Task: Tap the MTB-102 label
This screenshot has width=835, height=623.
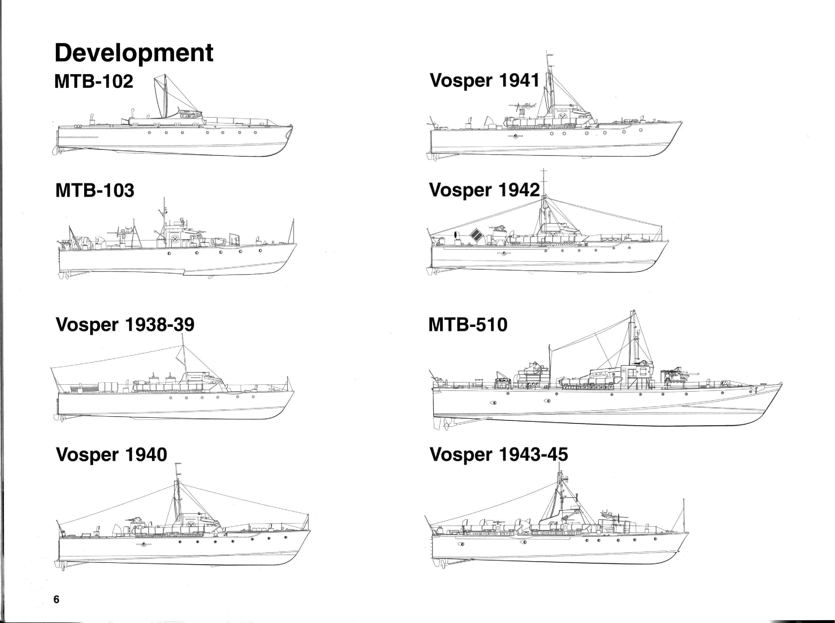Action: [94, 81]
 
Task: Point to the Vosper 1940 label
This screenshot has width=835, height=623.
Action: [111, 455]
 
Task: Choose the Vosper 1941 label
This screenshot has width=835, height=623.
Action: [485, 81]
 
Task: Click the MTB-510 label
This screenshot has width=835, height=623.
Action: [468, 325]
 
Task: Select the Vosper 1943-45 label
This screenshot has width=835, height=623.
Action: [499, 455]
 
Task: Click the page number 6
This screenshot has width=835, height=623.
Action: [56, 599]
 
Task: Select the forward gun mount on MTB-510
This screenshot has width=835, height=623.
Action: [677, 377]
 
